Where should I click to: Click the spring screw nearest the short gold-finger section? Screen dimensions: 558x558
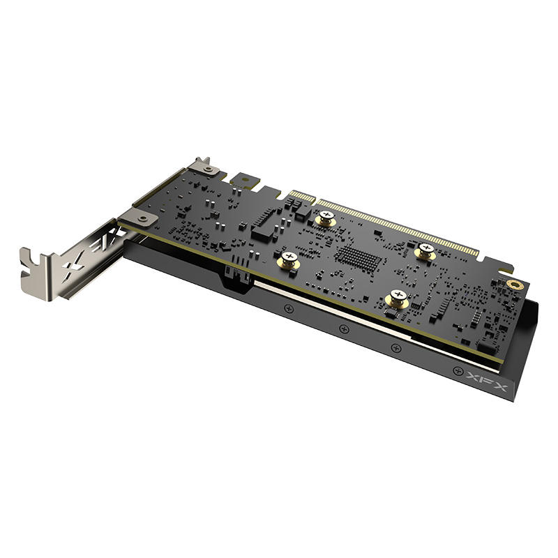tap(326, 218)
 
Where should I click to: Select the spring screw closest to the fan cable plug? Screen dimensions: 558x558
tap(289, 259)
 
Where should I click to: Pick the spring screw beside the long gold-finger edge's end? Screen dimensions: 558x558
tap(425, 251)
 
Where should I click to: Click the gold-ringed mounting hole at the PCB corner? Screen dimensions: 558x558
tap(513, 285)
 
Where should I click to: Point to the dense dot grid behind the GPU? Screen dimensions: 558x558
tap(359, 257)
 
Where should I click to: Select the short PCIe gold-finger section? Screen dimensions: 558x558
tap(302, 197)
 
